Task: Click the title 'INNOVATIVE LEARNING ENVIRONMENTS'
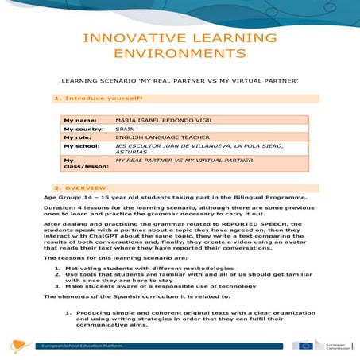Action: point(180,45)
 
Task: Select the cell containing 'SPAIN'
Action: point(125,128)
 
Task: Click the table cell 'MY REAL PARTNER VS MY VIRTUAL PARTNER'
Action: point(177,161)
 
